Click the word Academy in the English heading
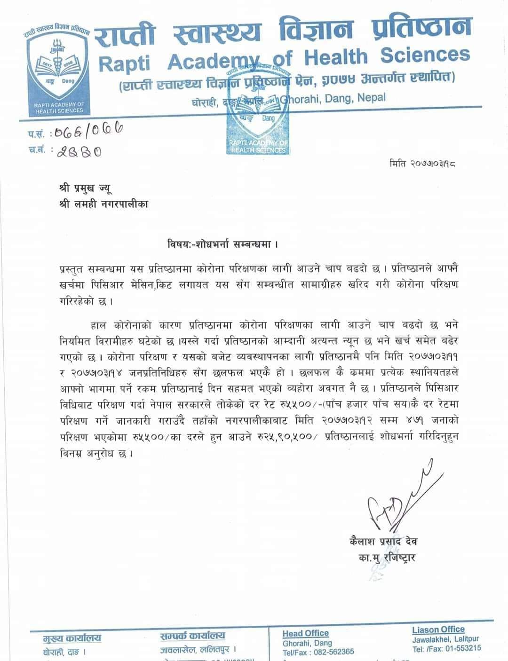click(220, 61)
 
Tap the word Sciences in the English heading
click(425, 55)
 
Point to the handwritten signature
click(396, 504)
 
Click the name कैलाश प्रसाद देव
click(380, 542)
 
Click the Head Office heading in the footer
click(305, 633)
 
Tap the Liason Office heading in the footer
click(438, 630)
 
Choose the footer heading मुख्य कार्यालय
click(71, 638)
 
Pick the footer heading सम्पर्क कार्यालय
click(192, 636)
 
